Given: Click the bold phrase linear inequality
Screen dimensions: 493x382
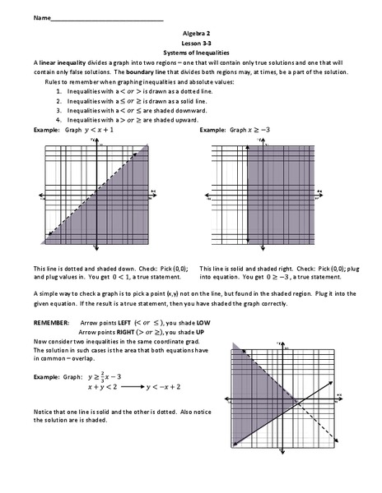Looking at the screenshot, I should tap(63, 63).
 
